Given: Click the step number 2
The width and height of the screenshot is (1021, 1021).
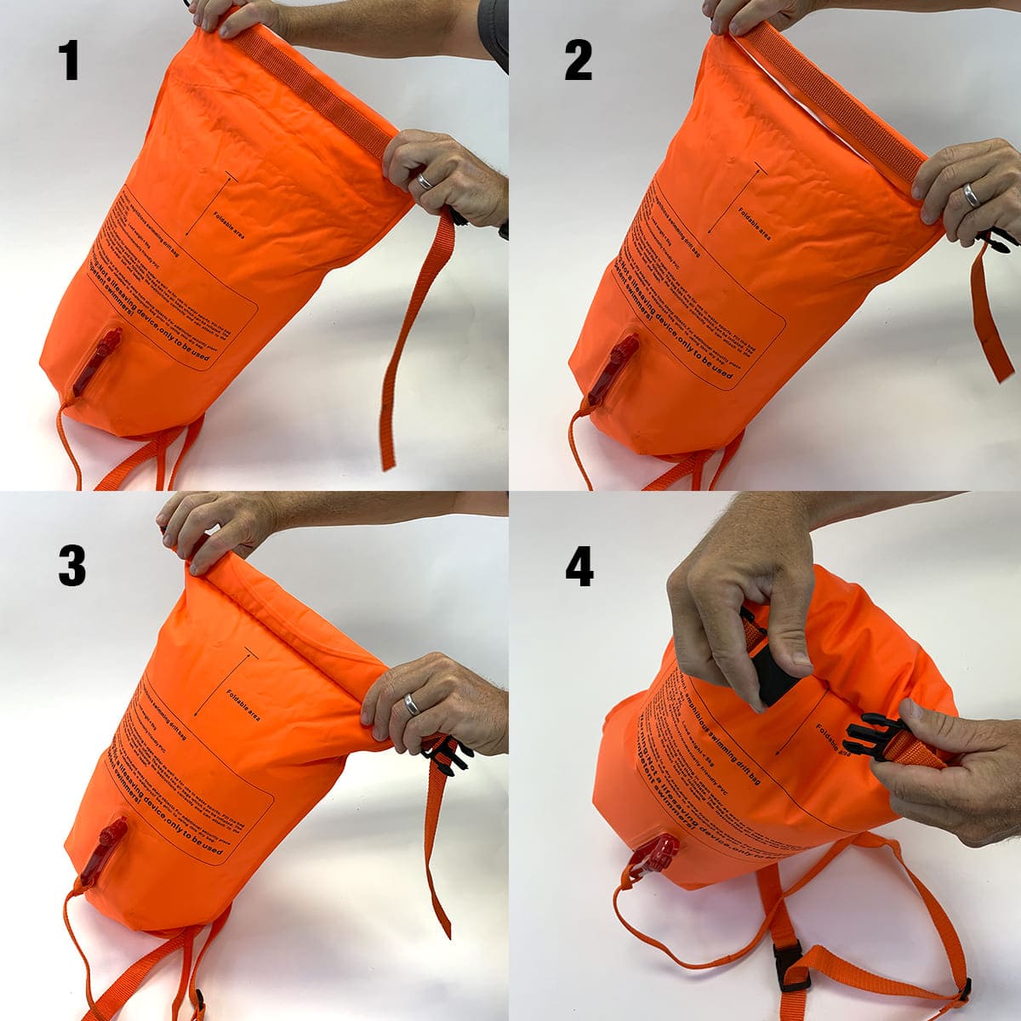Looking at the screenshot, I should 579,61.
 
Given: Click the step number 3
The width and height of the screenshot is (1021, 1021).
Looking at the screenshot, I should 71,566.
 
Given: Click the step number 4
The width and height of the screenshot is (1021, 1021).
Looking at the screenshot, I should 579,566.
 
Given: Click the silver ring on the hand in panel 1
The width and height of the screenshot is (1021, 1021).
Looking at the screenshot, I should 424,181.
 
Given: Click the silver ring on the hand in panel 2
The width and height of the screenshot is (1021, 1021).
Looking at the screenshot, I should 970,197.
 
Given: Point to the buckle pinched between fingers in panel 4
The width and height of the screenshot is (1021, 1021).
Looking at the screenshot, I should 774,685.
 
